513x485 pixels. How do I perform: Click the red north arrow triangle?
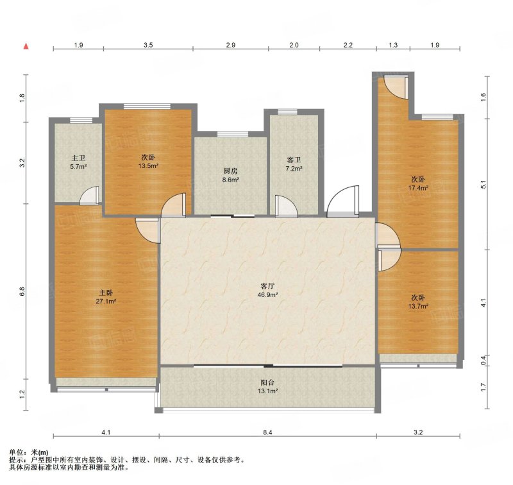(26, 46)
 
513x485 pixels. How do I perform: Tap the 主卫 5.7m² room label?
(78, 162)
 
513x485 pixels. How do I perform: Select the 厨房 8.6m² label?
(231, 175)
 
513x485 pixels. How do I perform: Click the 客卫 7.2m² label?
(294, 164)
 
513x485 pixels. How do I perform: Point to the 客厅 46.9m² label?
(267, 290)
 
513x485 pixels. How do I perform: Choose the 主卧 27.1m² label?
(106, 297)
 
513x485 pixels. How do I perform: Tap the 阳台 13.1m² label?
(267, 386)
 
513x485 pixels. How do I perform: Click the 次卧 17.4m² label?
(418, 183)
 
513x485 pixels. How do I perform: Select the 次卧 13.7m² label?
(418, 302)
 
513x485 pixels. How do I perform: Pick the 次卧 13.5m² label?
(148, 161)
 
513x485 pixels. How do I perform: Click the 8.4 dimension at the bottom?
(267, 432)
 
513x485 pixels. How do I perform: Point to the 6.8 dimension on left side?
(22, 292)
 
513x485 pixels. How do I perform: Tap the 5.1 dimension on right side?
(484, 184)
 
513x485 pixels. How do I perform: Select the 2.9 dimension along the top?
(231, 45)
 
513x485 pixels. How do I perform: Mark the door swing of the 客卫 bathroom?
(286, 206)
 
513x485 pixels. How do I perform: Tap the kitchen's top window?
(233, 133)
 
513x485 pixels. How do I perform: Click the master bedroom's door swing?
(148, 230)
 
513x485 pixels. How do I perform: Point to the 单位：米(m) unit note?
(28, 452)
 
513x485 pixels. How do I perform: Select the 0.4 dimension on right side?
(484, 361)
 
